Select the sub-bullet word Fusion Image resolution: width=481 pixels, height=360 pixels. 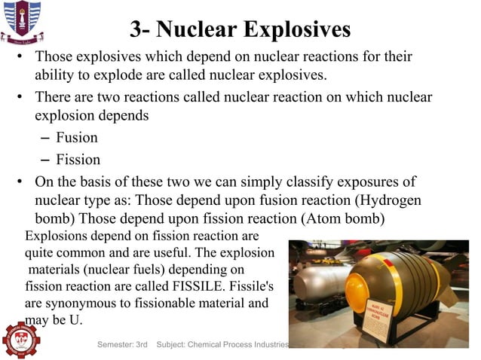(77, 138)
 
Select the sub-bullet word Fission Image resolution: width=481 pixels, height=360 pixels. (78, 160)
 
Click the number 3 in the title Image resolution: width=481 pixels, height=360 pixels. (136, 30)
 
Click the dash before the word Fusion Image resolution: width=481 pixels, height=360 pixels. (43, 138)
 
